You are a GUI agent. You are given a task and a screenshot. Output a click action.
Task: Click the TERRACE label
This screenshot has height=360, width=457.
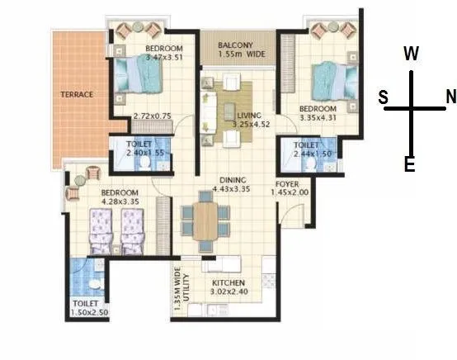point(77,94)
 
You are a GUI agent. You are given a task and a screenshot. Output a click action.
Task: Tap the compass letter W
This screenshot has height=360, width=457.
point(411,54)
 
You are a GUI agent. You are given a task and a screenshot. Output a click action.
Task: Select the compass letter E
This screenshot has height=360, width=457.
point(409,165)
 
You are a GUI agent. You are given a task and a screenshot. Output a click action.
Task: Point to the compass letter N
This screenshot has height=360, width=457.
point(450,97)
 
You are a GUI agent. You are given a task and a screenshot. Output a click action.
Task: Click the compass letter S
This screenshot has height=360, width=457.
point(384,97)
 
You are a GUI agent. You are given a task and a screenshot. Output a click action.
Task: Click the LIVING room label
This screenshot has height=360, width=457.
point(248,116)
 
